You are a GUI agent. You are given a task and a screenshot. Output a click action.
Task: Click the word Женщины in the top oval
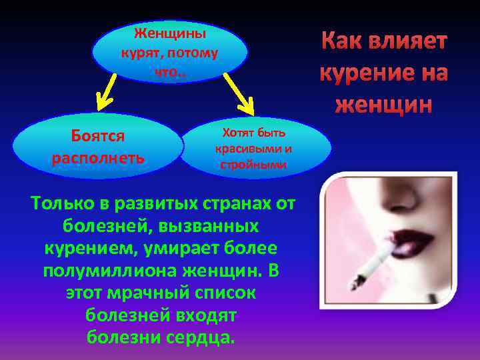pyautogui.click(x=170, y=33)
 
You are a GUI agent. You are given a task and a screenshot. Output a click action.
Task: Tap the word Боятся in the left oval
pyautogui.click(x=98, y=135)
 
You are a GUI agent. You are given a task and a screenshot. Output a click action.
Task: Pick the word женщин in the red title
pyautogui.click(x=383, y=104)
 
